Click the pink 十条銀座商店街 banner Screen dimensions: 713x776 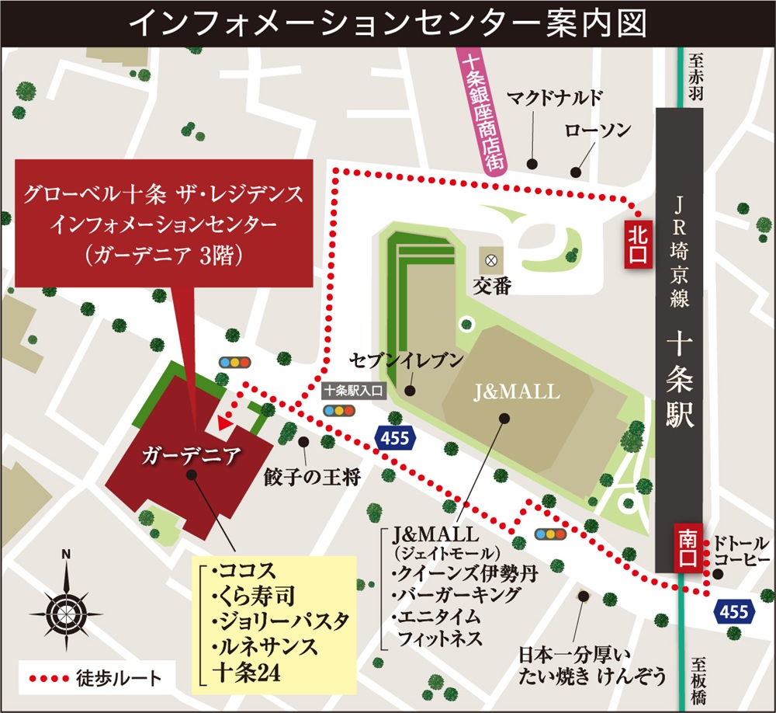pyautogui.click(x=480, y=113)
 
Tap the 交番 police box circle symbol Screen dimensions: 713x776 pyautogui.click(x=490, y=259)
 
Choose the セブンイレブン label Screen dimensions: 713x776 pyautogui.click(x=407, y=360)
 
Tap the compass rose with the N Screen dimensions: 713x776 pyautogui.click(x=66, y=602)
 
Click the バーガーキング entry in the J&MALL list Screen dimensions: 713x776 pyautogui.click(x=445, y=596)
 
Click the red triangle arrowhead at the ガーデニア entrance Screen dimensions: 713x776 pyautogui.click(x=225, y=423)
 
